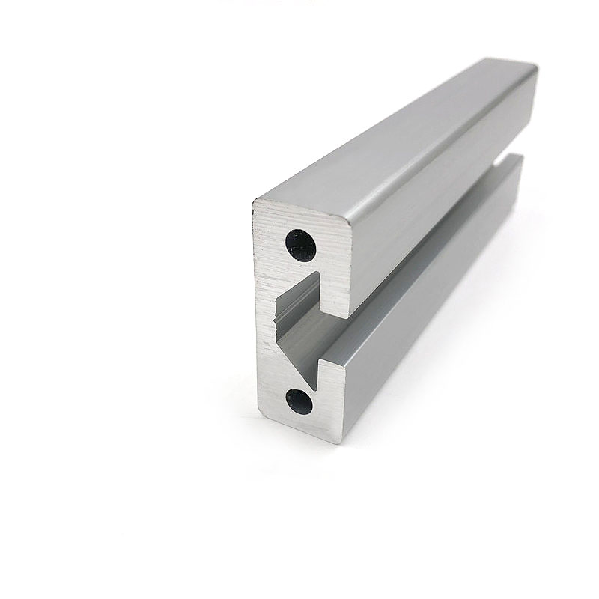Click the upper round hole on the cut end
coord(301,243)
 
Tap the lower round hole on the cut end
coord(299,400)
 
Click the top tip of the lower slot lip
coord(323,362)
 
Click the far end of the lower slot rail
coord(517,161)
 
